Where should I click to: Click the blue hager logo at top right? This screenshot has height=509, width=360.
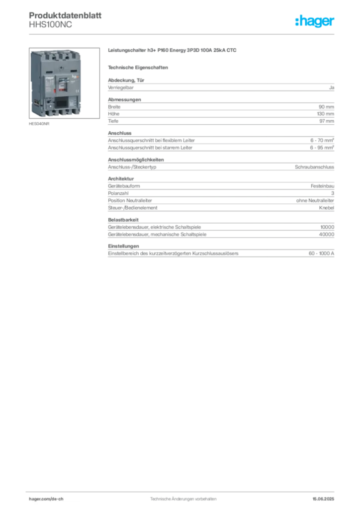pyautogui.click(x=316, y=21)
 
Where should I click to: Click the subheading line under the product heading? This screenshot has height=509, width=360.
pyautogui.click(x=139, y=67)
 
